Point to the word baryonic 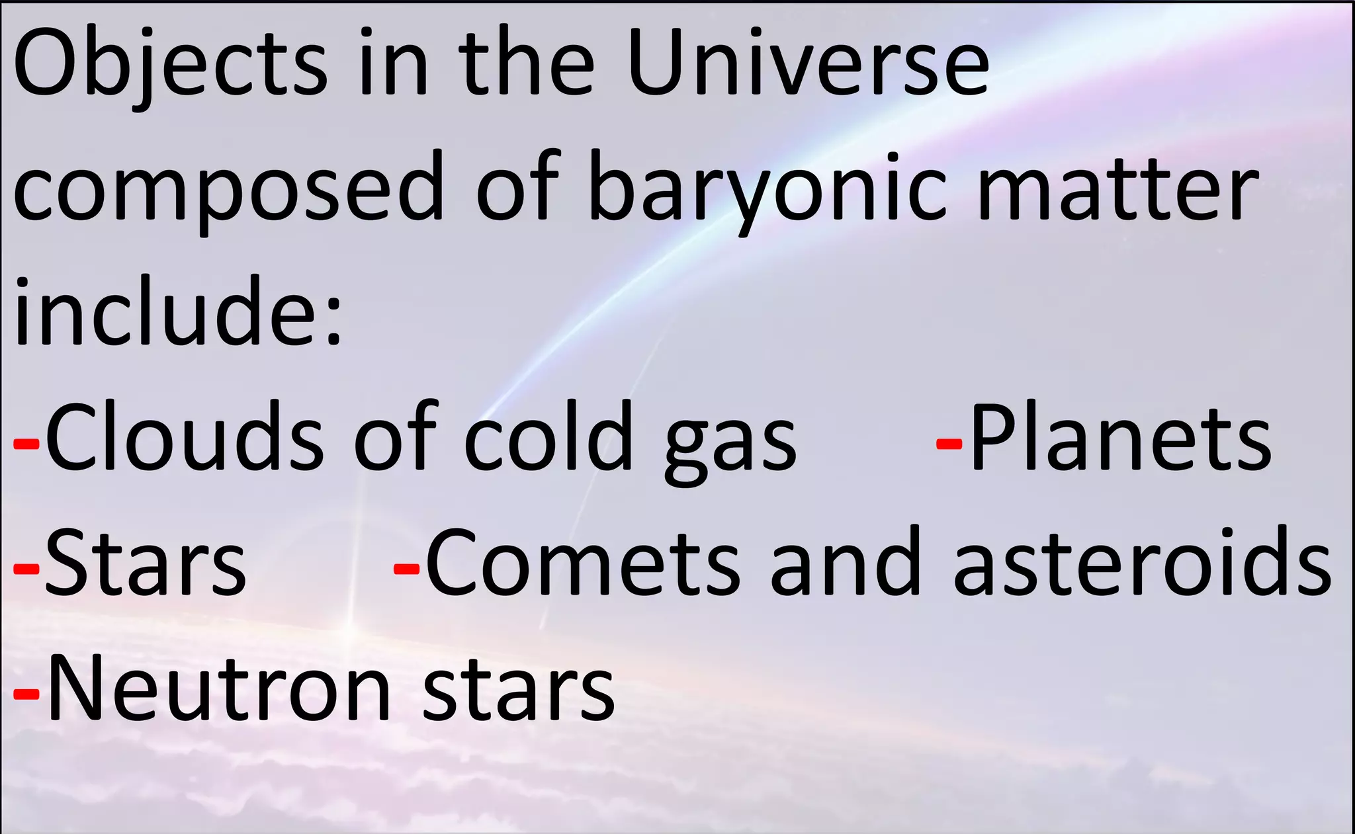click(x=767, y=188)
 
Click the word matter click(x=1118, y=188)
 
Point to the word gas click(x=731, y=443)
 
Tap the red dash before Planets click(x=949, y=444)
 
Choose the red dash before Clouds click(x=26, y=444)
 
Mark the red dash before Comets click(x=406, y=569)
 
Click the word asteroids click(x=1141, y=562)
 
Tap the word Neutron click(x=218, y=688)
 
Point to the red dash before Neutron click(x=26, y=694)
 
